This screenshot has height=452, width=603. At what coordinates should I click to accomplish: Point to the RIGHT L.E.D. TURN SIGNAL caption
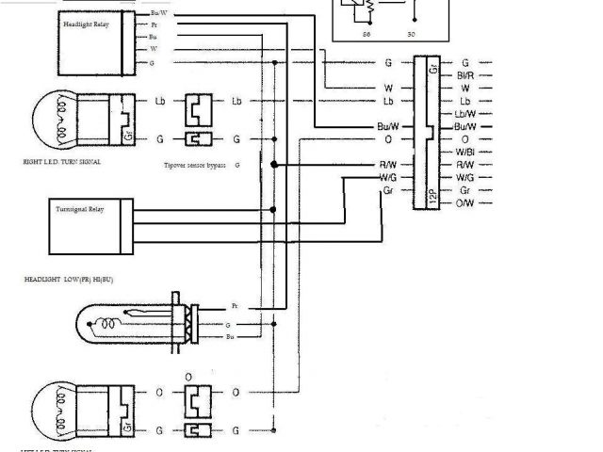point(61,162)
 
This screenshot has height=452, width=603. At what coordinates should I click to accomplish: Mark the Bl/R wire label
point(464,75)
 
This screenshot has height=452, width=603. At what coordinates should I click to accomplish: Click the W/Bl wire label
point(464,152)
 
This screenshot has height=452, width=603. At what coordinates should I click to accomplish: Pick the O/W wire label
point(464,203)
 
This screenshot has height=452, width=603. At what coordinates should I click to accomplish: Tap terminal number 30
point(410,33)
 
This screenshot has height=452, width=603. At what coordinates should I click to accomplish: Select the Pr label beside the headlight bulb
point(235,307)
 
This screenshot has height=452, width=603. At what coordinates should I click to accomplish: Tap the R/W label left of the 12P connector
point(386,165)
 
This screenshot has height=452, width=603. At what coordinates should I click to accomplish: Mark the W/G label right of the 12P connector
point(464,177)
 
